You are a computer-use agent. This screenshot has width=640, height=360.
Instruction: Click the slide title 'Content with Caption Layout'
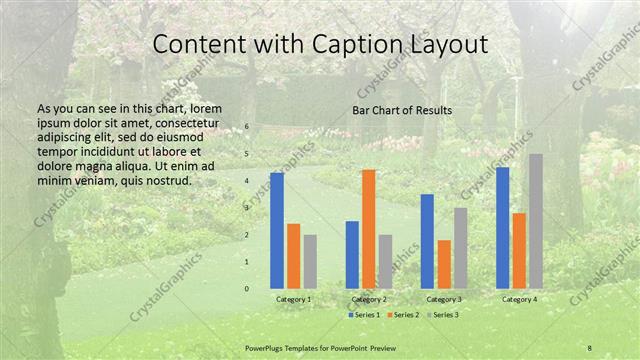(x=320, y=45)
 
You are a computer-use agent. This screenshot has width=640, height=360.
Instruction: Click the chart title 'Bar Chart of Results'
(x=401, y=110)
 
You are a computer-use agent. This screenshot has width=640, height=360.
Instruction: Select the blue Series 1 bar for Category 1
(x=276, y=230)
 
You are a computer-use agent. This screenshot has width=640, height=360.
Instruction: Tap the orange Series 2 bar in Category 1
(x=293, y=256)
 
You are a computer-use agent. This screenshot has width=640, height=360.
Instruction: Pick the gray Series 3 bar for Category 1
(x=310, y=261)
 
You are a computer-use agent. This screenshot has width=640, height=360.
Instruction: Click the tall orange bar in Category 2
(x=368, y=229)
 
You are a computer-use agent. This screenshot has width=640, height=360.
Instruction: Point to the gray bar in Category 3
(x=460, y=248)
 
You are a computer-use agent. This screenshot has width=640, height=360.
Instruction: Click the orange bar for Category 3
(x=443, y=264)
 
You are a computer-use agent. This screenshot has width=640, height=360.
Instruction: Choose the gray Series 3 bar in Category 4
(x=535, y=221)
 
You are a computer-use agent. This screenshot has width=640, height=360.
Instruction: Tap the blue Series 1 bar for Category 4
(x=502, y=227)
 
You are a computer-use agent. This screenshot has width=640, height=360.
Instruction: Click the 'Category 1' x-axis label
(x=293, y=299)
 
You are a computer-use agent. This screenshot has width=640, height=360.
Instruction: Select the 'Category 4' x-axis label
(x=519, y=299)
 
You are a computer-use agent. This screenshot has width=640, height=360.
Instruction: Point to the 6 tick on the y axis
(x=247, y=128)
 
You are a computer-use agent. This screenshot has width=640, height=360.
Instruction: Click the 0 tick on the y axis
(x=247, y=289)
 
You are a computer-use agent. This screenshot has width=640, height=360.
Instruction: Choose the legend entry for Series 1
(x=364, y=315)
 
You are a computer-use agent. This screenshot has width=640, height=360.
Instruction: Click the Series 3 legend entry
(x=444, y=315)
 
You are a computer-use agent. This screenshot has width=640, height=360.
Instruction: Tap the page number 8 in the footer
(x=589, y=347)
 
